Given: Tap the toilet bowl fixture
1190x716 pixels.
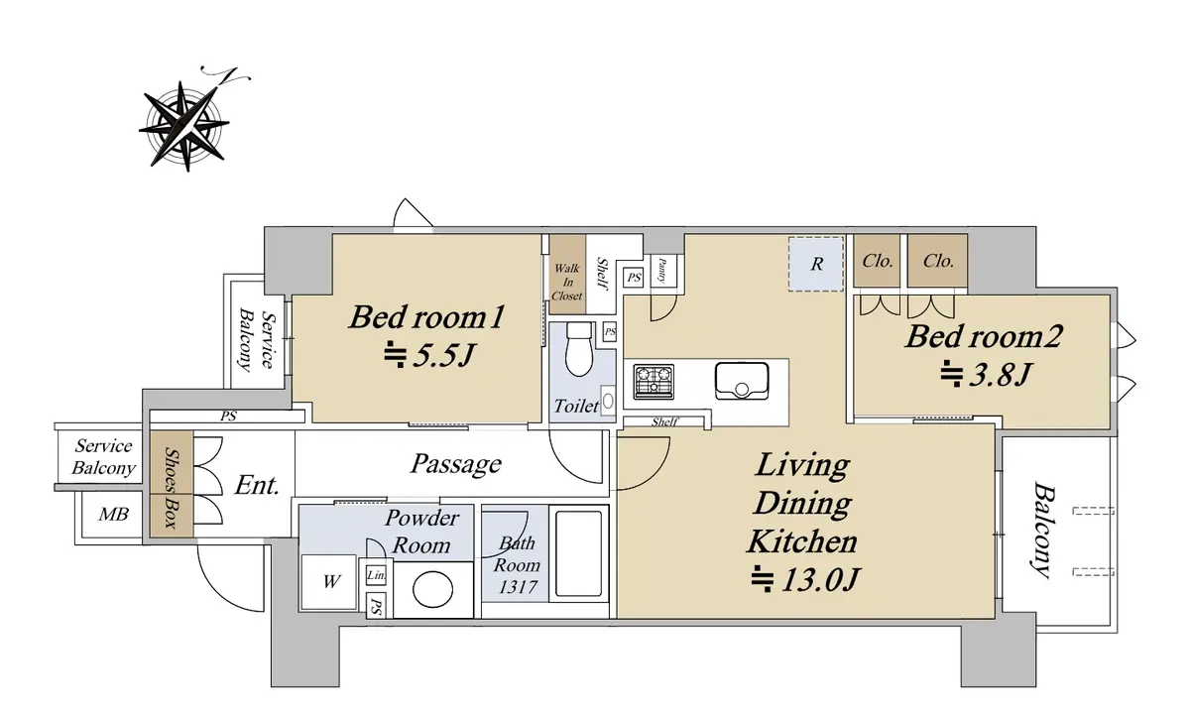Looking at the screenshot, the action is [579, 349].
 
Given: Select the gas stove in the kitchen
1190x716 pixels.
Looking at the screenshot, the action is [654, 382].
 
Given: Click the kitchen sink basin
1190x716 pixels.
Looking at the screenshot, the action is [742, 381].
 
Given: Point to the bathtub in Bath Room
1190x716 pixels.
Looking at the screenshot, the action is [578, 553].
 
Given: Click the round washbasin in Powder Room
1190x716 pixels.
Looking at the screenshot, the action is [432, 589].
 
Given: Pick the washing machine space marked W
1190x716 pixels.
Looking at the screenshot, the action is [329, 582].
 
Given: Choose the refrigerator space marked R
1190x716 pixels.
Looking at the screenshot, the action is [816, 264].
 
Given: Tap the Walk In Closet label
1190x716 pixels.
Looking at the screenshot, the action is [567, 282].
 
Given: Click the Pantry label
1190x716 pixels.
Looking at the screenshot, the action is [662, 271].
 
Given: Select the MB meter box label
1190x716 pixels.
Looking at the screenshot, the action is [114, 514].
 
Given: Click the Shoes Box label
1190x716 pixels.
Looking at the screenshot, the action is [171, 488].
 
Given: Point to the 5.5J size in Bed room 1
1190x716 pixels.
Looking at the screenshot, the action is [428, 355].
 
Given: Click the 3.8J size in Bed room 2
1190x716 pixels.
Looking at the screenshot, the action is [986, 374].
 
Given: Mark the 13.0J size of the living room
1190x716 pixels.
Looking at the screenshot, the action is [805, 580].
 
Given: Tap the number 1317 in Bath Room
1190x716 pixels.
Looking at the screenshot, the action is [518, 587].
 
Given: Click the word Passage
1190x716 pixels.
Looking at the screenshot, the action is [456, 464].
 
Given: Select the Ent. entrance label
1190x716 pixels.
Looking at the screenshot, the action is [257, 485].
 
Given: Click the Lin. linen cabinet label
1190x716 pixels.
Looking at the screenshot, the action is [376, 575].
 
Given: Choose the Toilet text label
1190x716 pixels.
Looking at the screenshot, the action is [576, 407].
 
